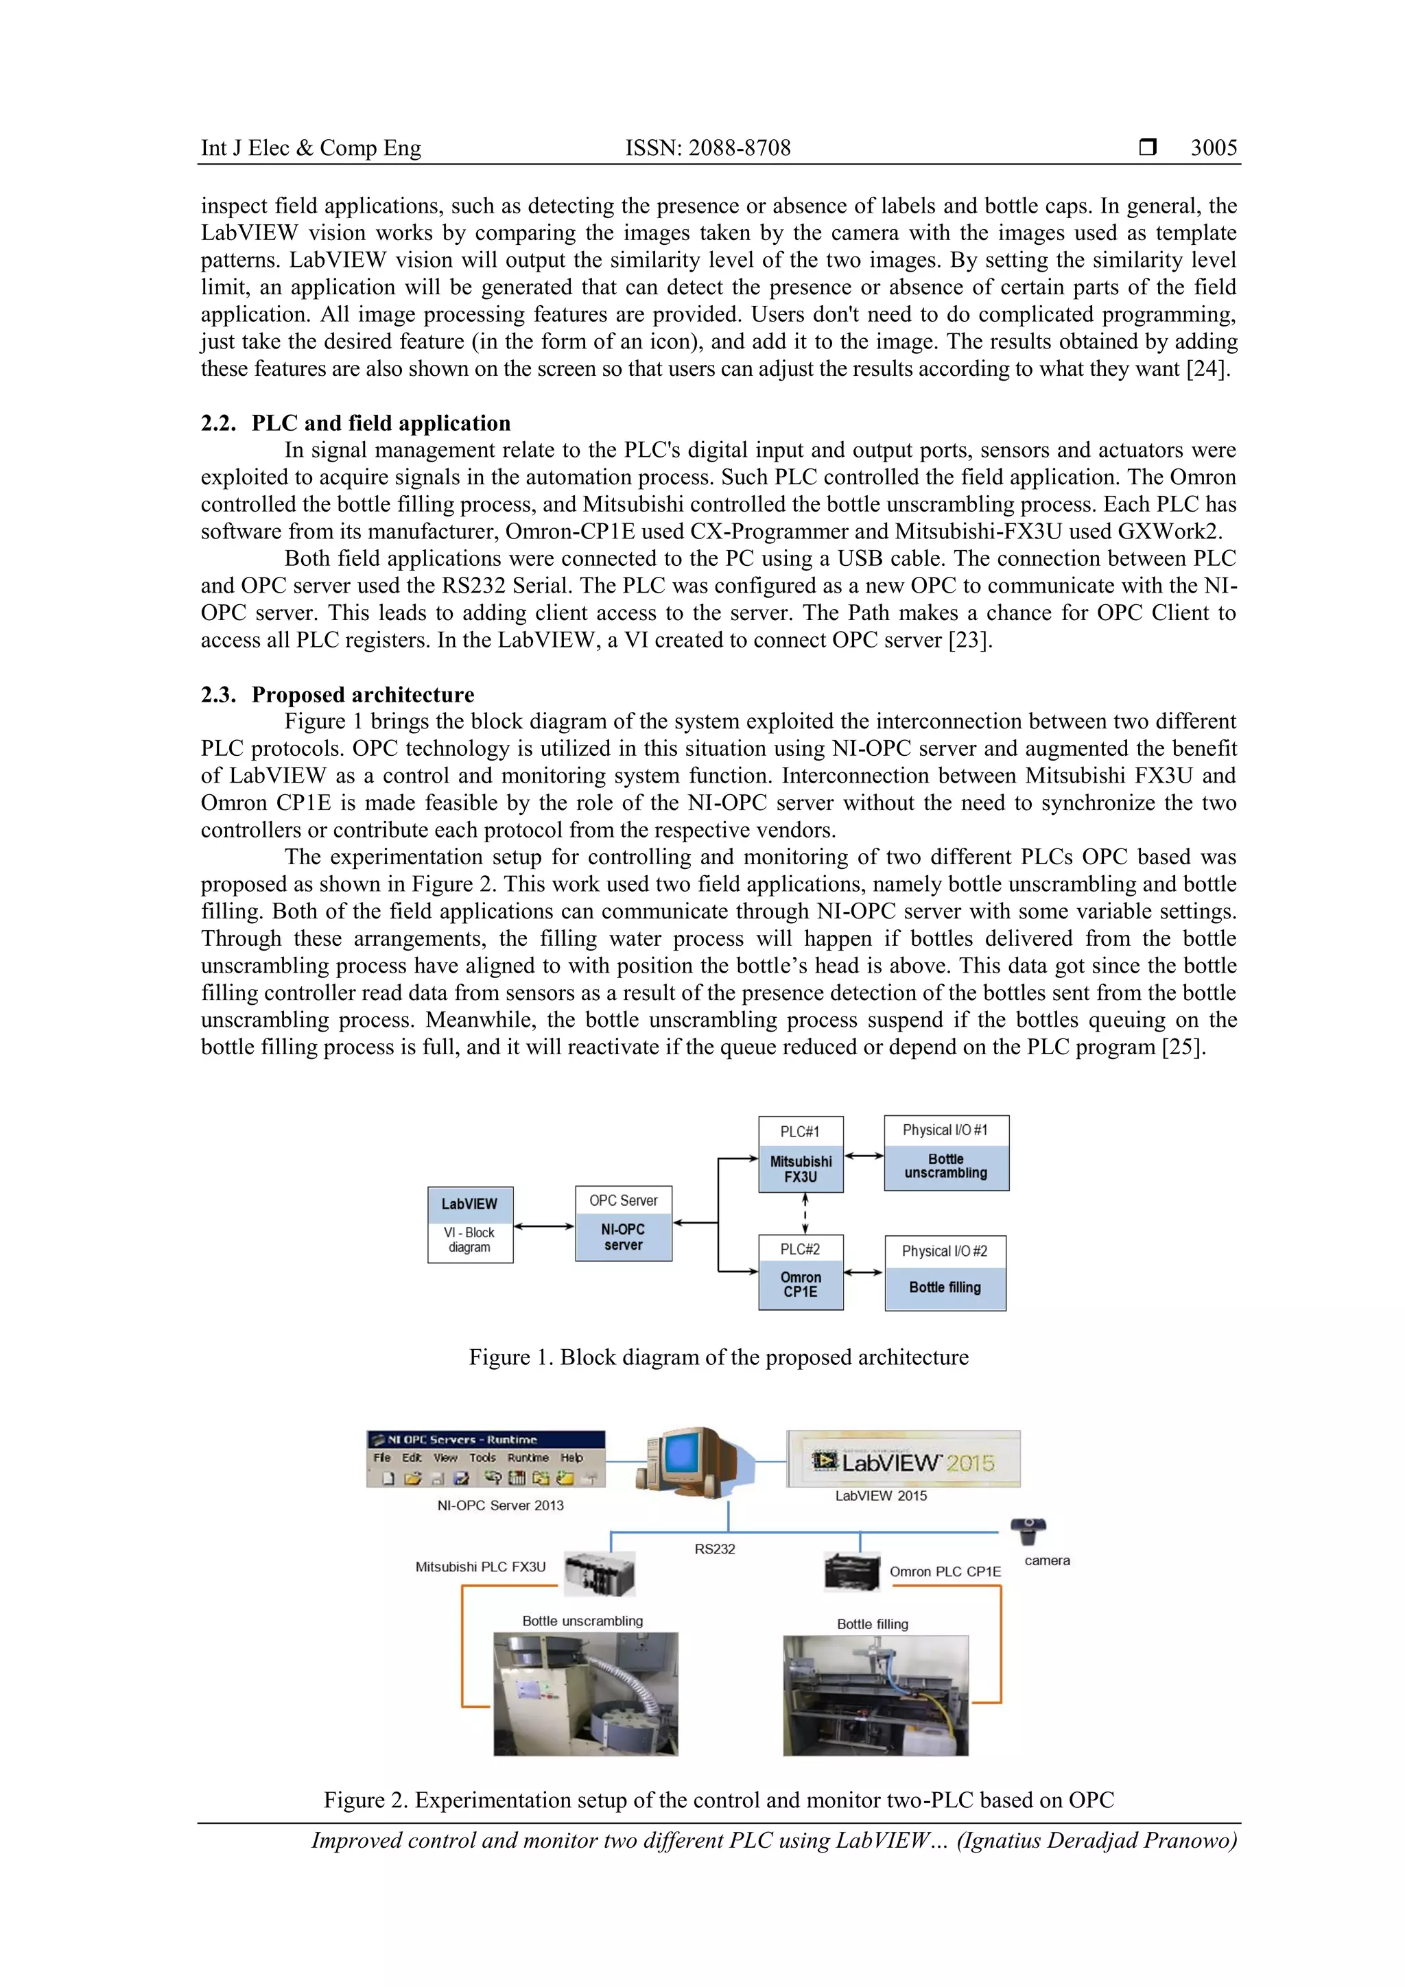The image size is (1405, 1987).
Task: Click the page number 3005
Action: tap(1213, 148)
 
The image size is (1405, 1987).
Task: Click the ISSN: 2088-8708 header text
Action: tap(707, 148)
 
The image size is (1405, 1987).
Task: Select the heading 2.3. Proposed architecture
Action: tap(338, 695)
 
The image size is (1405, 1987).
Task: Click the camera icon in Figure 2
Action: tap(1028, 1530)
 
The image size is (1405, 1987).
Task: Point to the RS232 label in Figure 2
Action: tap(714, 1548)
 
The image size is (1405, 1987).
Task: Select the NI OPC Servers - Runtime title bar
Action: tap(486, 1439)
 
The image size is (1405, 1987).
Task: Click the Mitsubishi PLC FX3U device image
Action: tap(599, 1573)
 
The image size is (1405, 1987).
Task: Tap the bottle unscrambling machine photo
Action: tap(585, 1693)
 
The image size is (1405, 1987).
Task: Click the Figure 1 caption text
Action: tap(718, 1357)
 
